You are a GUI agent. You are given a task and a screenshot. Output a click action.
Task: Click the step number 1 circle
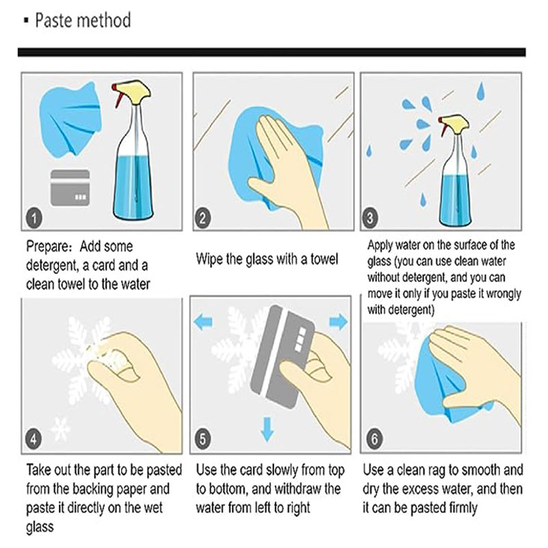pos(34,218)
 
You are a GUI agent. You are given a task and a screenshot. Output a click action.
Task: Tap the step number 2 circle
pos(203,218)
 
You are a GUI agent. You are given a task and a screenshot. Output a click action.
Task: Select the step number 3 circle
pos(370,218)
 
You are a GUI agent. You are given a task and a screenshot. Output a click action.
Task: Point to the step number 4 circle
pos(34,438)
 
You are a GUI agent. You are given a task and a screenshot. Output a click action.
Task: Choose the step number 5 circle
pos(203,438)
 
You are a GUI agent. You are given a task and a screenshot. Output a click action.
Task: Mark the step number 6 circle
pos(374,438)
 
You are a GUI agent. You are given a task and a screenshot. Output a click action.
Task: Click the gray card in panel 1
pos(71,188)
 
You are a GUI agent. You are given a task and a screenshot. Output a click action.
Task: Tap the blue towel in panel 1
pos(71,118)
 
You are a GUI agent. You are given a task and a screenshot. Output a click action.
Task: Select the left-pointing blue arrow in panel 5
pos(203,322)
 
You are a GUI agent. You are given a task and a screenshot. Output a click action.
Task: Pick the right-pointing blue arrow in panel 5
pos(338,322)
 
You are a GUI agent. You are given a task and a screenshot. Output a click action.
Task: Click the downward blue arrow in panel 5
pos(267,429)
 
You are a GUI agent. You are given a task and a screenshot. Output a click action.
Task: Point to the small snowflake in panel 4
pos(60,429)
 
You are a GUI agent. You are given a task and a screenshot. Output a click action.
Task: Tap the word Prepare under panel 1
pos(49,247)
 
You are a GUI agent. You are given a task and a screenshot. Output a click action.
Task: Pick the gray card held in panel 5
pos(282,356)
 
